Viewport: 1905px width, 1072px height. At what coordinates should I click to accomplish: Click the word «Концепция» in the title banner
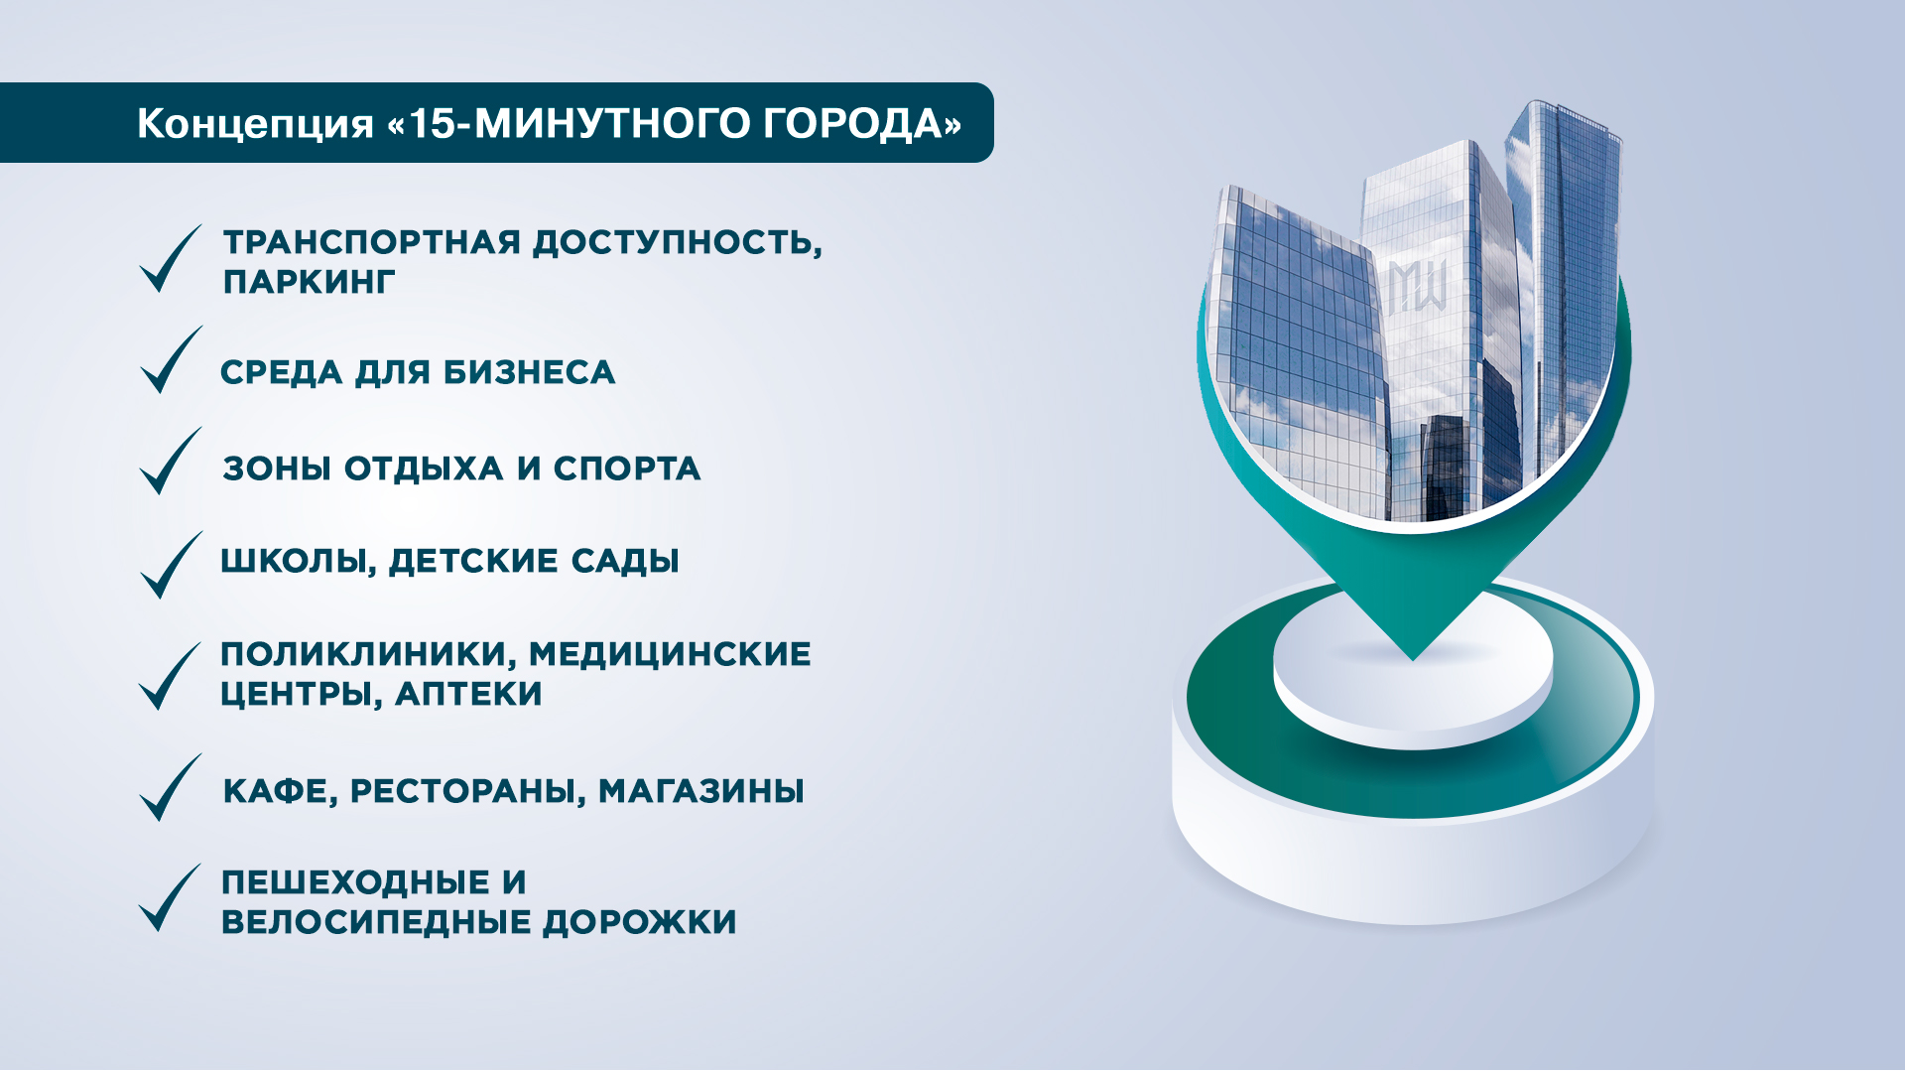coord(255,124)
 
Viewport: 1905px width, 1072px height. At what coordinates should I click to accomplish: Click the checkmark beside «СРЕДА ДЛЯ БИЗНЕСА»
coord(171,359)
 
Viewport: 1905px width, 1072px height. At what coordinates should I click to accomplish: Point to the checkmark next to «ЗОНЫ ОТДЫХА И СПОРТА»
coord(171,461)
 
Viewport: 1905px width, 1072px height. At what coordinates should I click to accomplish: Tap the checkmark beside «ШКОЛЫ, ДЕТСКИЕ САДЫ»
coord(171,565)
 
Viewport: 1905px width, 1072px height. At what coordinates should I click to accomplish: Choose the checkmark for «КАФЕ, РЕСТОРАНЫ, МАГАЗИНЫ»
coord(171,787)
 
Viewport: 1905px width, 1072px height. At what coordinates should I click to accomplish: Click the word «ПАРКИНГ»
coord(309,282)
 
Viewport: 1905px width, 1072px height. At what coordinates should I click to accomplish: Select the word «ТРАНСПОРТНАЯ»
coord(371,242)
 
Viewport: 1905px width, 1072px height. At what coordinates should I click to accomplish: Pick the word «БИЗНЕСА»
coord(529,372)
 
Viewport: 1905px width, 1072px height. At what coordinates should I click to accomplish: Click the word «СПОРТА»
coord(627,469)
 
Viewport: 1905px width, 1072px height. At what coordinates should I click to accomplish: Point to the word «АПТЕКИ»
coord(468,694)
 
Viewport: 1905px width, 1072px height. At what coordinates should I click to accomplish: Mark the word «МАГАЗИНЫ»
coord(700,791)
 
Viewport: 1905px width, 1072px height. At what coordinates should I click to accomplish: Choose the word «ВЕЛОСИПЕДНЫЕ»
coord(376,922)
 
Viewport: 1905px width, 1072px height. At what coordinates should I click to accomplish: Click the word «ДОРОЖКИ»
coord(640,922)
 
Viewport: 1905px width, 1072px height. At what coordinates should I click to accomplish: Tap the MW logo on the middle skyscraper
coord(1417,286)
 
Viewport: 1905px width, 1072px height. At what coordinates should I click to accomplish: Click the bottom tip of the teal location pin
coord(1413,660)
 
